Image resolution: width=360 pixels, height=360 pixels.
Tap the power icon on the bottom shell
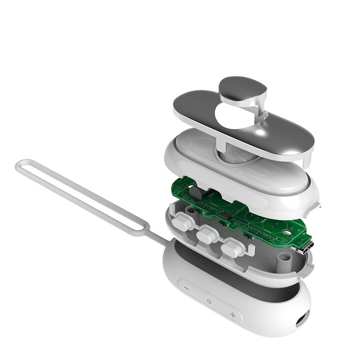point(209,300)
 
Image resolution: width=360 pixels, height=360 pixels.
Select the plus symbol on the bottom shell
point(233,314)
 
